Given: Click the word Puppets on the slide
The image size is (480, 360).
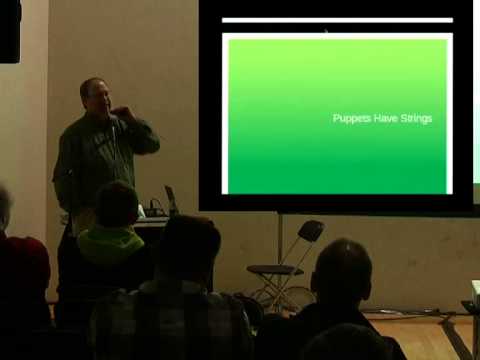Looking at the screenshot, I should click(x=350, y=118).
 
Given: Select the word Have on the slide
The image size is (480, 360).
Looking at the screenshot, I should click(x=383, y=118).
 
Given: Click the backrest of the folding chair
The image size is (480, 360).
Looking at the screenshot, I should click(x=311, y=231).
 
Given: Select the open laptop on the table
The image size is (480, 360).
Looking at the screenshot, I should click(x=170, y=200).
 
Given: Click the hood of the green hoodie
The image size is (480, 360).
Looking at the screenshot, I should click(x=111, y=241).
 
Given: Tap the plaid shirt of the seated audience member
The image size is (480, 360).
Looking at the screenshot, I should click(x=170, y=325).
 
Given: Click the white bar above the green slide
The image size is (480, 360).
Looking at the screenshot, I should click(x=337, y=19).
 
